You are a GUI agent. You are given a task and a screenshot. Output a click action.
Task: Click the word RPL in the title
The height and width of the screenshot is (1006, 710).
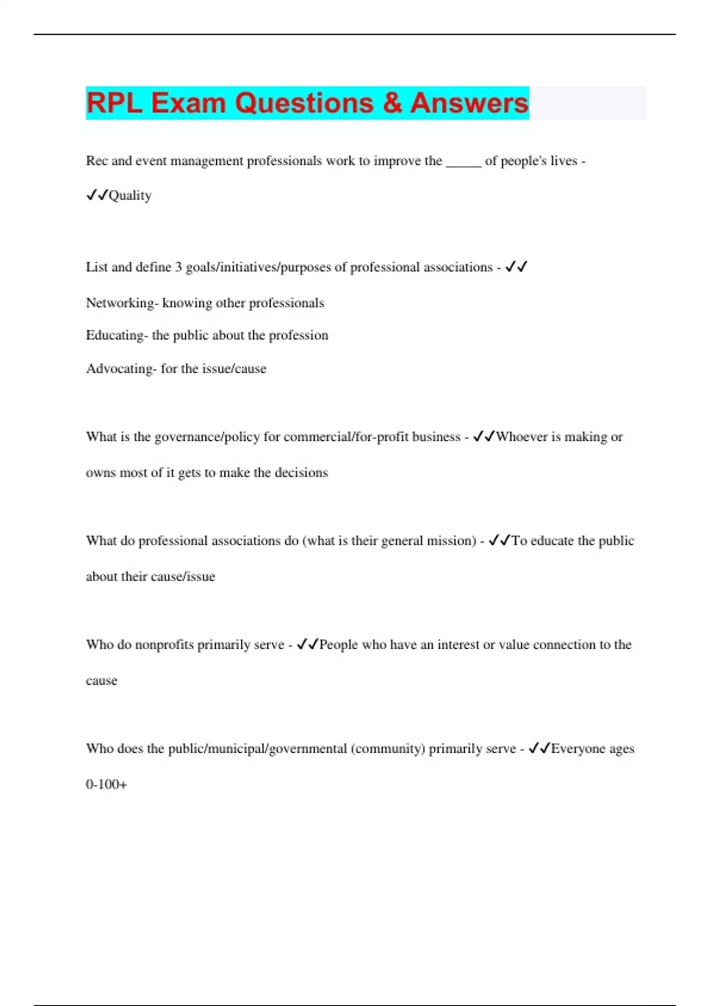pos(114,103)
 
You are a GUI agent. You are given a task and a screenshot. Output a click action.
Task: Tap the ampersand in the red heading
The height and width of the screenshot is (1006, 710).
pos(392,103)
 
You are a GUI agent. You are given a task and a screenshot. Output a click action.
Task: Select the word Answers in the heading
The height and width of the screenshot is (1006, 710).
pos(469,103)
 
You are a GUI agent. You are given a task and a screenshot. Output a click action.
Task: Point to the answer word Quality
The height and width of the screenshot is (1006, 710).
pos(130,196)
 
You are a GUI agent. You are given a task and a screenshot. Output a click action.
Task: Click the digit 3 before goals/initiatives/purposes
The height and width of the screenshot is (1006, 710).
pos(178,267)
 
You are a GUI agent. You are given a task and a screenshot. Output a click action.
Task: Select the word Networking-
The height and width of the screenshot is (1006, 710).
pos(122,303)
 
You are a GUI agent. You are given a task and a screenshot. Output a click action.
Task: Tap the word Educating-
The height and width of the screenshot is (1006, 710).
pos(117,336)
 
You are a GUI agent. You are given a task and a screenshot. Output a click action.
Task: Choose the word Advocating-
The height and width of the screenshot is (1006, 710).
pos(121,369)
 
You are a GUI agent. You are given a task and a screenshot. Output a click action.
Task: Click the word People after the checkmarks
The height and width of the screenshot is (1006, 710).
pos(338,644)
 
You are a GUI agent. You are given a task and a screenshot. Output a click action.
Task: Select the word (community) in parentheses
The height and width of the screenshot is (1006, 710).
pos(388,749)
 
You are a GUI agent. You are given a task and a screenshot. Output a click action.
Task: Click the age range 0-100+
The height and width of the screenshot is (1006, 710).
pos(106,785)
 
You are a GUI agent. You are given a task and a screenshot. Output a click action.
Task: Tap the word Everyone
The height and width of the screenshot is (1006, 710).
pos(578,749)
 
